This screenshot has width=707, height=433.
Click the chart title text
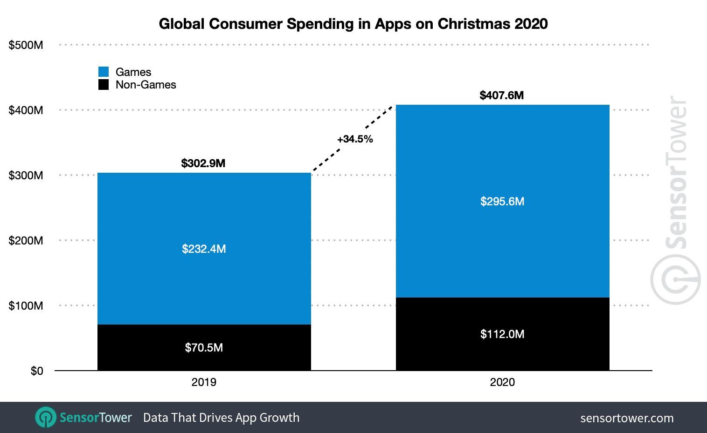coord(353,24)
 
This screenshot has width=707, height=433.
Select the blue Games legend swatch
coord(104,72)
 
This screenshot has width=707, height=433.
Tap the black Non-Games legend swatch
coord(104,85)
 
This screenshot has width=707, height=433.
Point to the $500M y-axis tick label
coord(26,45)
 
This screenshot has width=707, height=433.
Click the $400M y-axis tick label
coord(26,110)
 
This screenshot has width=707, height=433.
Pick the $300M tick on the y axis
coord(26,176)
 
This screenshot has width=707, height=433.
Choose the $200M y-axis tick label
coord(26,241)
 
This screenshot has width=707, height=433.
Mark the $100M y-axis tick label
coord(26,306)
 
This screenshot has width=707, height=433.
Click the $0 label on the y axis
coord(36,371)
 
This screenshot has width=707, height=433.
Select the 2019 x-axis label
coord(204,382)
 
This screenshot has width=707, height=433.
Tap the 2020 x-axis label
coord(502,382)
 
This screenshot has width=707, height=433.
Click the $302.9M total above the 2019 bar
coord(203,163)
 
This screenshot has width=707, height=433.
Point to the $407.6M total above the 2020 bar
coord(502,95)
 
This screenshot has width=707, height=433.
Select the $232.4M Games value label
coord(204,249)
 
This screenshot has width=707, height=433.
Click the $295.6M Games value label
coord(502,202)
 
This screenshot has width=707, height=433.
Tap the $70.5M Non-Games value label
coord(204,348)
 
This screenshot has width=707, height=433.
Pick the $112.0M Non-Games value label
coord(502,334)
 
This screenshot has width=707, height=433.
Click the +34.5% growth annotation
coord(355,139)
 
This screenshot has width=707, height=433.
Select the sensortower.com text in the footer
coord(627,418)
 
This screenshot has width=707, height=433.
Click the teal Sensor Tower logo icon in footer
coord(46,417)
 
